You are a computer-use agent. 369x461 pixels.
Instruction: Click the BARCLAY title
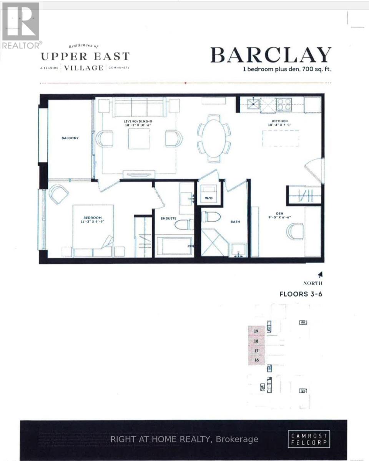point(271,55)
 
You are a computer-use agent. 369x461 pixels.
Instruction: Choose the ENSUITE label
point(168,219)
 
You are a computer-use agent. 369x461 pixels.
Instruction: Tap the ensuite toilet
point(184,224)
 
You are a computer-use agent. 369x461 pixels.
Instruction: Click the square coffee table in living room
point(139,139)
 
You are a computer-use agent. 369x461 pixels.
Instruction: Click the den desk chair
point(295,231)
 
